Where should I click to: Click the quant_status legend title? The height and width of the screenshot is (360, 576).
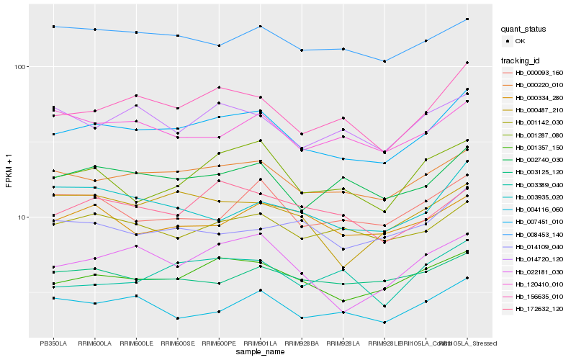(x=524, y=30)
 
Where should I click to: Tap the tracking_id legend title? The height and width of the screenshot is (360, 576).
(x=521, y=60)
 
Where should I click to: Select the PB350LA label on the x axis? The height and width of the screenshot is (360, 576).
(x=54, y=343)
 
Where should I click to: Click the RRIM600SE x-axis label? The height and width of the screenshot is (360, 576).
(x=177, y=343)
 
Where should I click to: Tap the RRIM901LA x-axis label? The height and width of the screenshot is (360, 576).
(x=260, y=343)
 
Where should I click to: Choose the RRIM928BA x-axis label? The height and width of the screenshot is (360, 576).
(x=302, y=343)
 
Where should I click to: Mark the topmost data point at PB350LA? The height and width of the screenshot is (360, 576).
(x=54, y=27)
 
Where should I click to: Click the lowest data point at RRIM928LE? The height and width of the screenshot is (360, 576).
(x=384, y=323)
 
